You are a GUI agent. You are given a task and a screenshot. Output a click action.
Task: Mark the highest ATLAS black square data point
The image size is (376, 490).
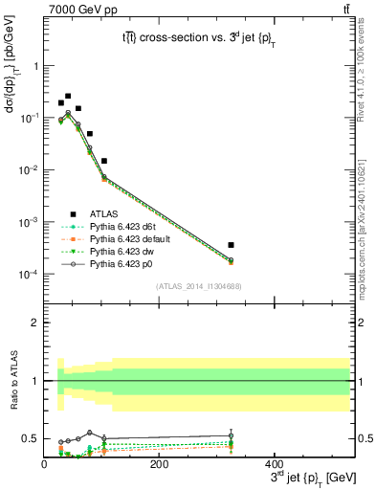pos(68,96)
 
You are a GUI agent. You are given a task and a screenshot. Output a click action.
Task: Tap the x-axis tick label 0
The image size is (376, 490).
pos(44,462)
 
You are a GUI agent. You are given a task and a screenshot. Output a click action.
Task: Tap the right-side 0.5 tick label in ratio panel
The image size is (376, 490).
pos(365,438)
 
